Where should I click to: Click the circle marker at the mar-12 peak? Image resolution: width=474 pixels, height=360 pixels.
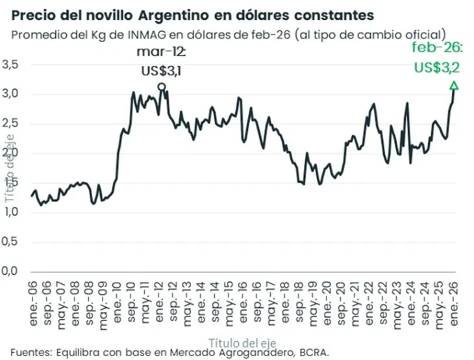pyautogui.click(x=161, y=86)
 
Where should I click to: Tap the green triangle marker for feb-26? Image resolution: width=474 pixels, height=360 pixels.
pyautogui.click(x=454, y=85)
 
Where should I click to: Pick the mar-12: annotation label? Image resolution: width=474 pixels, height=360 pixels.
pyautogui.click(x=161, y=52)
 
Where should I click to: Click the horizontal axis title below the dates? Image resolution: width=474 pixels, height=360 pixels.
pyautogui.click(x=241, y=340)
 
